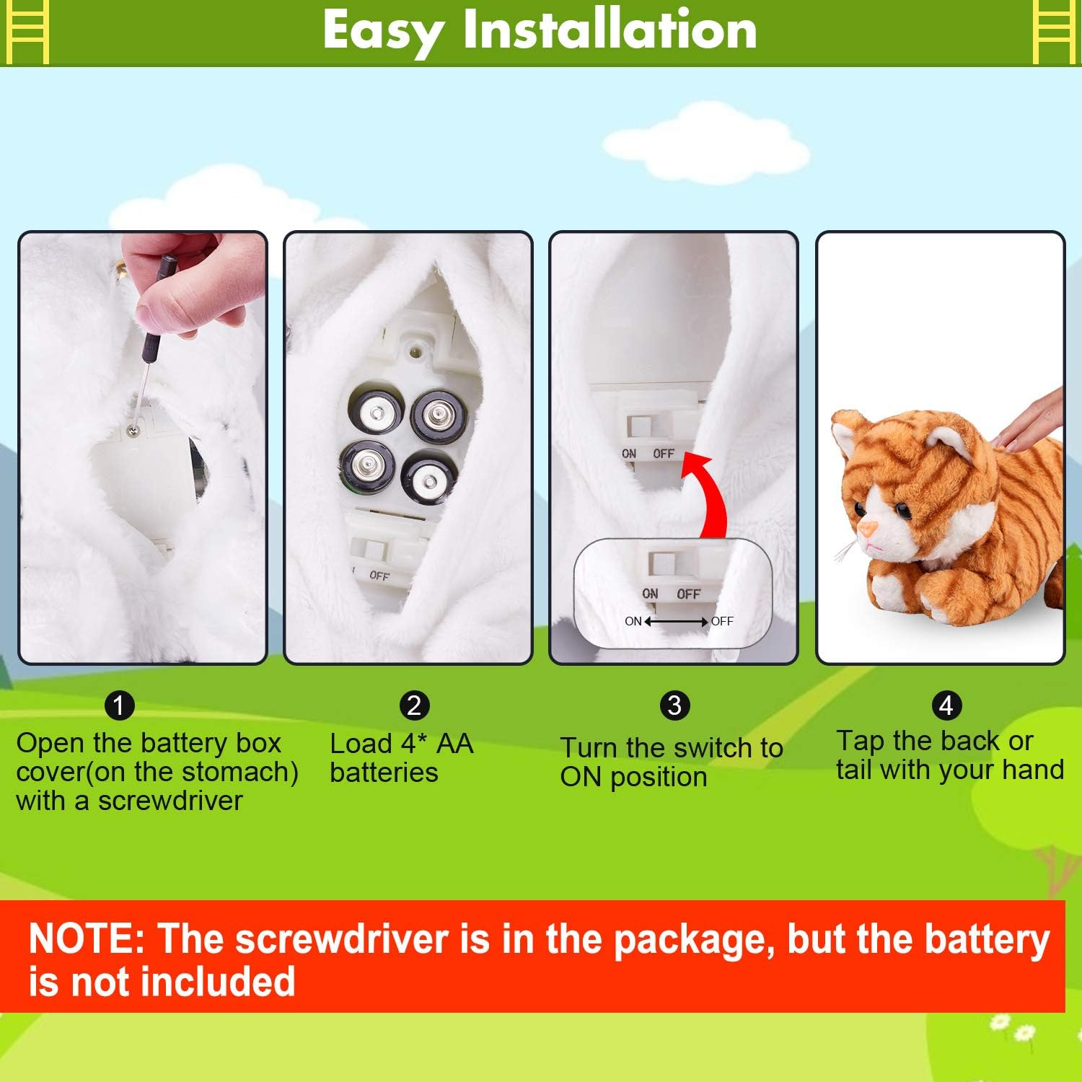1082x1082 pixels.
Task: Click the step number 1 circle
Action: coord(120,705)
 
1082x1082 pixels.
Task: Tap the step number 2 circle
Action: coord(414,705)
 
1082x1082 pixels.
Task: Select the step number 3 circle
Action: coord(674,705)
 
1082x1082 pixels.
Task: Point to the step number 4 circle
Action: coord(946,705)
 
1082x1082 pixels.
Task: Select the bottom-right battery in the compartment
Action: coord(430,478)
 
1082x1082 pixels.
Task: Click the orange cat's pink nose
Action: coord(868,529)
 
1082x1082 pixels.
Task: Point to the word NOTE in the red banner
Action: coord(87,939)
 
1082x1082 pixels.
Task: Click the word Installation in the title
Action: coord(610,30)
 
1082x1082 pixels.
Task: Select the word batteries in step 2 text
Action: coord(384,773)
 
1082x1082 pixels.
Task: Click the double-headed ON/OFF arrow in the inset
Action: coord(676,622)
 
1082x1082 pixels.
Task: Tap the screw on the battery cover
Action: coord(133,431)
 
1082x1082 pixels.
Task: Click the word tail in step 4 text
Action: coord(854,770)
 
